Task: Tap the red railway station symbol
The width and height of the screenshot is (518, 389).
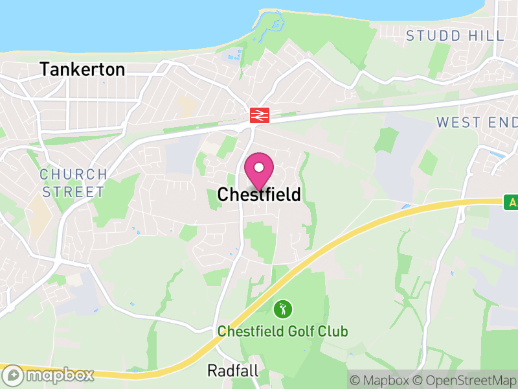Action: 259,115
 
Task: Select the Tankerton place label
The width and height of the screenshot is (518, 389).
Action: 82,69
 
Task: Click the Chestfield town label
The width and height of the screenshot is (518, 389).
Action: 259,194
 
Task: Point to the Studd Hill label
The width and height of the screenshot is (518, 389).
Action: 455,36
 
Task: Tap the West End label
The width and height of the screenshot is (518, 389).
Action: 477,122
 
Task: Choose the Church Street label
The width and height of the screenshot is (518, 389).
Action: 73,183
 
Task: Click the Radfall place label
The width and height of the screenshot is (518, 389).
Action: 233,370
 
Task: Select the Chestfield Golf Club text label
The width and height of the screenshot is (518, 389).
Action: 282,331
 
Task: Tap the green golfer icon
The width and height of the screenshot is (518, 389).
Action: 282,308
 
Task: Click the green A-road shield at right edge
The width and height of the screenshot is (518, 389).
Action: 512,202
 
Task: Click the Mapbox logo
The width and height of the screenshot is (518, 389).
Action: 49,375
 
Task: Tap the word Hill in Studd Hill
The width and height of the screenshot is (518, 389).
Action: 488,36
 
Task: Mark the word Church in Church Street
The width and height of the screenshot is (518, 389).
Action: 73,174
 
